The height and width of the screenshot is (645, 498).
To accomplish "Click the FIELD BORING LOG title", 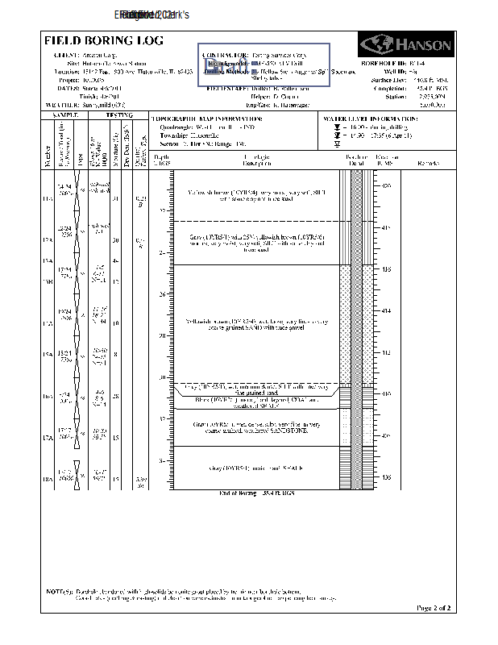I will [103, 40].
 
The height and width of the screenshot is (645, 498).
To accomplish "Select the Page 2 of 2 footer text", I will [432, 607].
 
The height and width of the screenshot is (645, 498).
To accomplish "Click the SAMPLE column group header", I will [67, 115].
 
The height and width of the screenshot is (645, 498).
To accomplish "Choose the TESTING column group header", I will [119, 115].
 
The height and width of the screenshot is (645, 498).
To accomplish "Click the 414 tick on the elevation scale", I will [384, 310].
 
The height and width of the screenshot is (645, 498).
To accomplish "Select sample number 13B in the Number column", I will [48, 281].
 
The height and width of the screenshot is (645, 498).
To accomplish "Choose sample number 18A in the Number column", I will [48, 480].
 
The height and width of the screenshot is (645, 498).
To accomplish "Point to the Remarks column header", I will [428, 163].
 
